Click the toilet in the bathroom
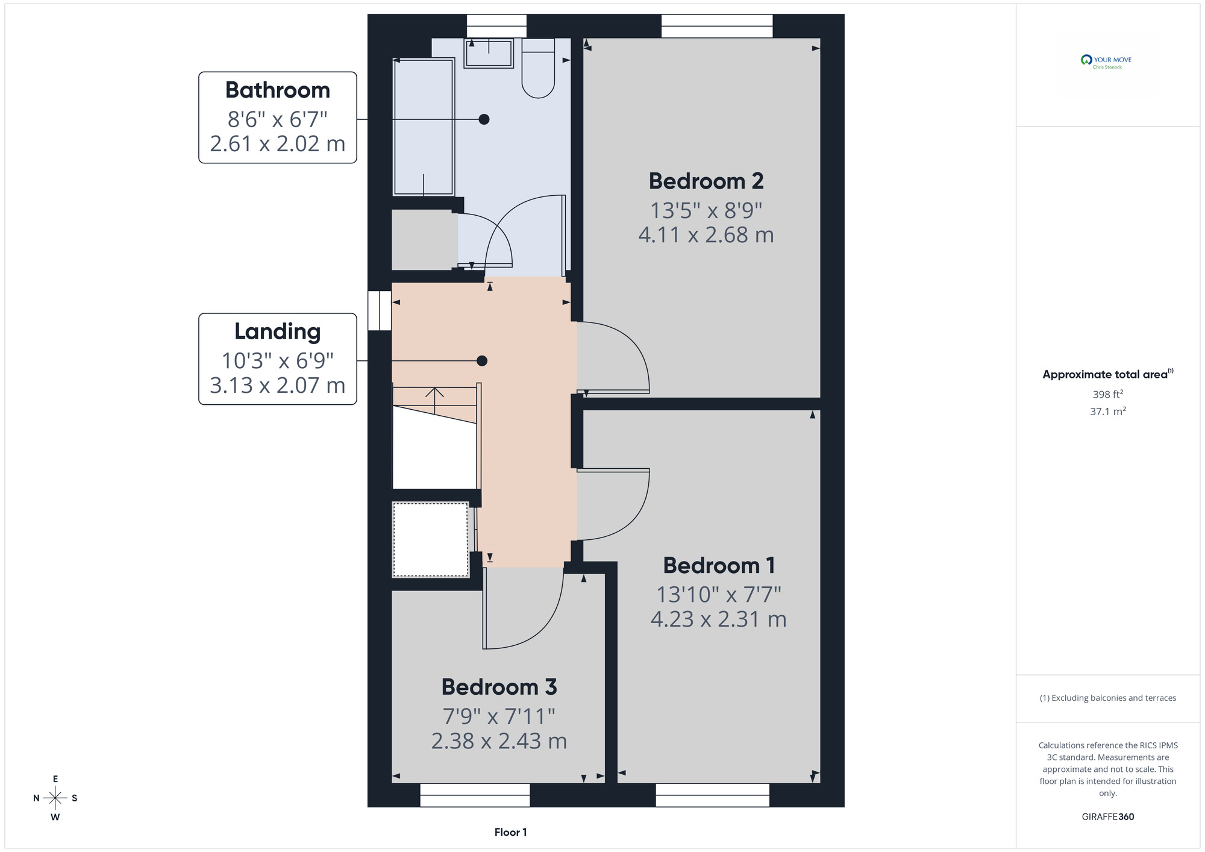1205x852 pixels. tap(538, 67)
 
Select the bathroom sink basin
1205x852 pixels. tap(489, 53)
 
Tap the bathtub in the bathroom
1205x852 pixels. tap(424, 127)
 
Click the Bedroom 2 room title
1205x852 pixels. tap(706, 181)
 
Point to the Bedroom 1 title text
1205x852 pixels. tap(719, 565)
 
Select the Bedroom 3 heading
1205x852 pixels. tap(499, 687)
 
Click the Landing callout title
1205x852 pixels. tap(278, 332)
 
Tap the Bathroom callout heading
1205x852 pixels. tap(278, 90)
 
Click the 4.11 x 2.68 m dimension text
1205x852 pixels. tap(706, 235)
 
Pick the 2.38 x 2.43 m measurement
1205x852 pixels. tap(499, 741)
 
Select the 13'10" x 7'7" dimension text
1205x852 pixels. tap(719, 595)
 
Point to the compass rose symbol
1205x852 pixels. tap(55, 798)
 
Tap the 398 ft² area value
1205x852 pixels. tap(1108, 394)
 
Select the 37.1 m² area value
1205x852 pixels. tap(1108, 412)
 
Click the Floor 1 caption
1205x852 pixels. tap(510, 832)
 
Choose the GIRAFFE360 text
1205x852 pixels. tap(1108, 817)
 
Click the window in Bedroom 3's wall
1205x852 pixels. tap(475, 795)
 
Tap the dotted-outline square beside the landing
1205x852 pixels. tap(430, 539)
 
